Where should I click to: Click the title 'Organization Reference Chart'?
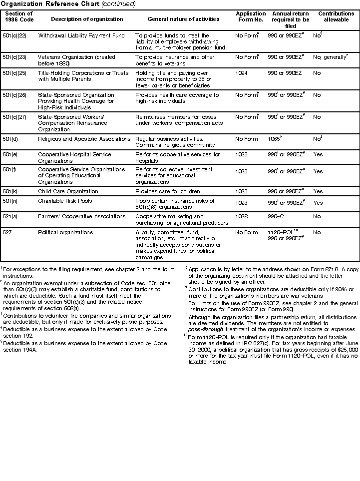pyautogui.click(x=43, y=4)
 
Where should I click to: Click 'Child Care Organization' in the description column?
pyautogui.click(x=68, y=191)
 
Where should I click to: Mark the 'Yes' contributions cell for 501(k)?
pyautogui.click(x=318, y=191)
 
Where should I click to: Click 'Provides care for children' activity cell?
pyautogui.click(x=168, y=191)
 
